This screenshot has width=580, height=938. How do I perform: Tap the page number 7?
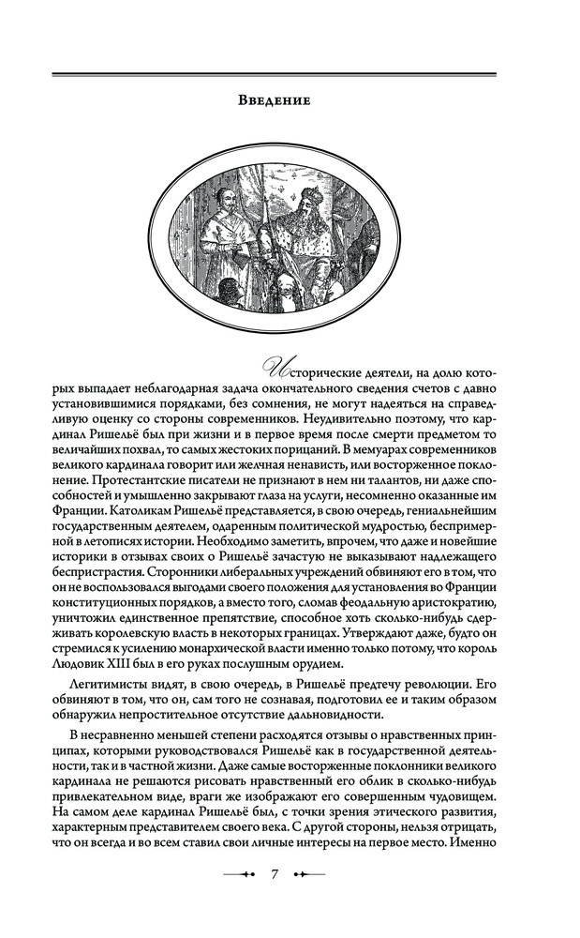coord(275,873)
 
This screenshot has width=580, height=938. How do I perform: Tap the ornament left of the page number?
coord(238,873)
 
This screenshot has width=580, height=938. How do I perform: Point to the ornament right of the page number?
coord(311,873)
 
